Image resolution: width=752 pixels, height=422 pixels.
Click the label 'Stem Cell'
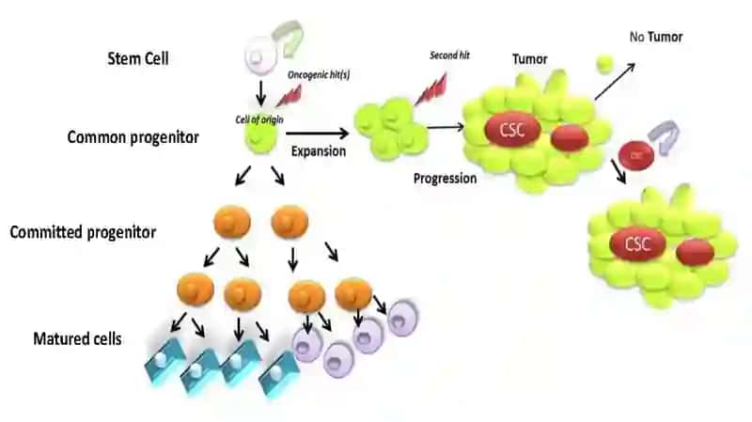pos(138,58)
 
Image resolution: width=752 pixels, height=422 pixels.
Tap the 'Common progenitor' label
pos(133,137)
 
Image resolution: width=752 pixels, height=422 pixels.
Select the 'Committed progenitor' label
pos(83,232)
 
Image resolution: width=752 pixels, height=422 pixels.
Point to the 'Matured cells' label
pos(77,339)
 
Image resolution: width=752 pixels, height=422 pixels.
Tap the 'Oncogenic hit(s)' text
pos(319,75)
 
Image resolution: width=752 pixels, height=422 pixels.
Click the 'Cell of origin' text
pos(259,119)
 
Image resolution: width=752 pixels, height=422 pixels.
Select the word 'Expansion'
pos(319,151)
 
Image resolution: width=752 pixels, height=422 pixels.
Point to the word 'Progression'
pos(445,179)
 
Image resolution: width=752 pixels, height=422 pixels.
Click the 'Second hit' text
pos(450,55)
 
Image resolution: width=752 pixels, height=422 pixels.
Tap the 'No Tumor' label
pos(656,37)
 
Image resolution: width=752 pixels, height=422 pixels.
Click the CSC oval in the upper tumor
pos(512,130)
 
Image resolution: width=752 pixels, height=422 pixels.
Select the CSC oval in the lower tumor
pos(637,244)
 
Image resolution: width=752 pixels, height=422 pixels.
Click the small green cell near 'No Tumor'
pos(604,64)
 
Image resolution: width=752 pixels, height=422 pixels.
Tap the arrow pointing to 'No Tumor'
pos(616,82)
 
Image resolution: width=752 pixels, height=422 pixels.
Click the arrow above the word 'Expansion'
pos(317,133)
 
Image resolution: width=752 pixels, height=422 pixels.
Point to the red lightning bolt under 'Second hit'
pos(431,88)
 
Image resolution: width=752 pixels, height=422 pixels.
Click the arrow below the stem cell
pos(260,93)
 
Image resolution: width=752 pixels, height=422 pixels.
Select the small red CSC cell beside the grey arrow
pos(636,155)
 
